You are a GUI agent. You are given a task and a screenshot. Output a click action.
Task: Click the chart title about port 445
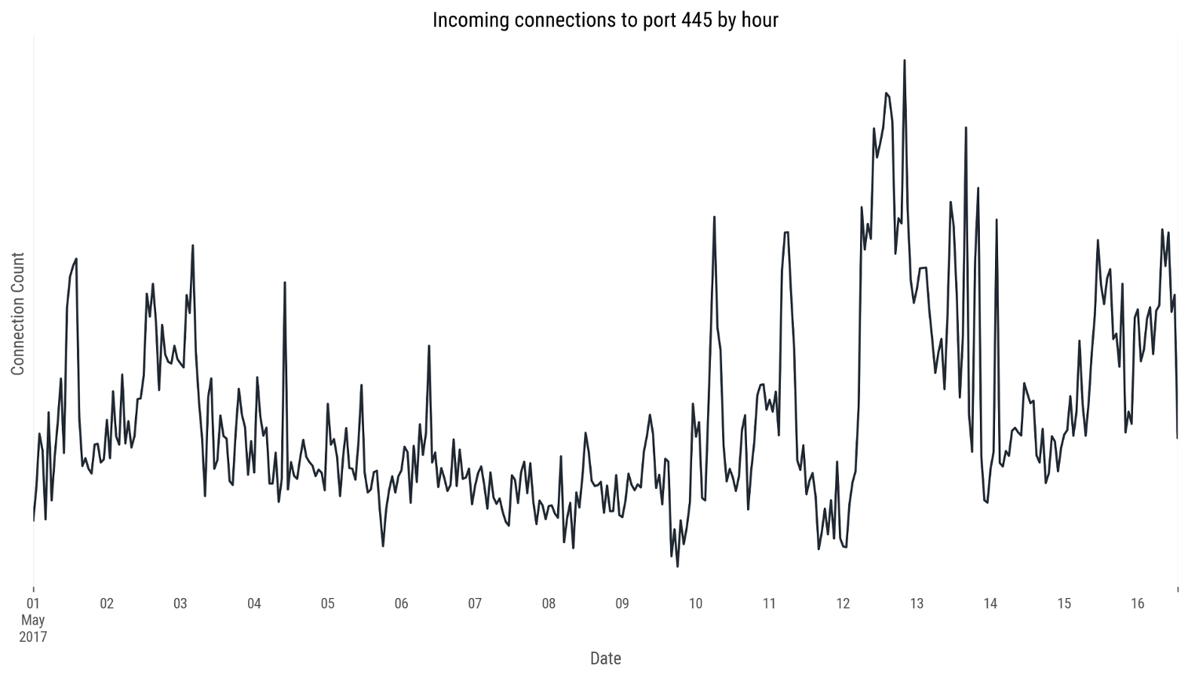click(x=605, y=20)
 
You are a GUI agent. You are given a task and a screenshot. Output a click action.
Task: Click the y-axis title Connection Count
click(x=18, y=313)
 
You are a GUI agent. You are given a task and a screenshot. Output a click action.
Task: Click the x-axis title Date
click(x=605, y=658)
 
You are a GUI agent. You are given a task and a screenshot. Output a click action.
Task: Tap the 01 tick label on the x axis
click(x=33, y=603)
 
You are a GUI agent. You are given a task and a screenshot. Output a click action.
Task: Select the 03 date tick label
click(x=180, y=603)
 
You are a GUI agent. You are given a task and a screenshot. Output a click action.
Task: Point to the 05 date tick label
click(x=327, y=603)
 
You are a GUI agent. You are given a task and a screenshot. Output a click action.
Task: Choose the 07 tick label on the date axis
click(x=475, y=603)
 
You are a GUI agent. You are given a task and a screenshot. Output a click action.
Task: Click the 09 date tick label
click(x=622, y=603)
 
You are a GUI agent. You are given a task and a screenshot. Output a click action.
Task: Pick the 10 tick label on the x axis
click(x=695, y=603)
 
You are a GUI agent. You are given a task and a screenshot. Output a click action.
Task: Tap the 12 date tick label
click(x=843, y=603)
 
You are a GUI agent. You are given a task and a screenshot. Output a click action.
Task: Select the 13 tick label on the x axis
click(x=917, y=603)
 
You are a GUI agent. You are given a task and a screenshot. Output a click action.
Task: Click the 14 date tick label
click(x=990, y=603)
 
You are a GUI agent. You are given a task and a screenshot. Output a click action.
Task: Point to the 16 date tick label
click(x=1137, y=603)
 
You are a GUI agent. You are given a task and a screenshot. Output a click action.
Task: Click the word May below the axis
click(x=33, y=620)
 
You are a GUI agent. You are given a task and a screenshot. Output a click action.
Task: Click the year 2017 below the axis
click(x=33, y=637)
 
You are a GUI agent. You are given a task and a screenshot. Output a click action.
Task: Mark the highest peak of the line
click(x=905, y=61)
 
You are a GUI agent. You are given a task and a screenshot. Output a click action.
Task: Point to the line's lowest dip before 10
click(x=678, y=566)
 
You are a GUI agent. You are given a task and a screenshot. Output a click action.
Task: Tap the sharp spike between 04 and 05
click(x=285, y=283)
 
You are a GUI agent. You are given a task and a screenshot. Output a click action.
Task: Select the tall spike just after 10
click(x=714, y=218)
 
